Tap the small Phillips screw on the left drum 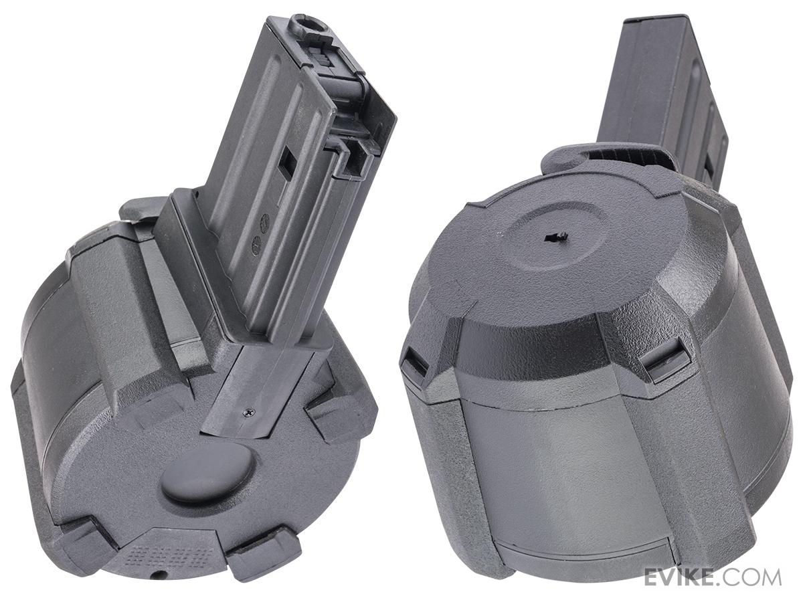coord(250,412)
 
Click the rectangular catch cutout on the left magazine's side coord(286,165)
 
